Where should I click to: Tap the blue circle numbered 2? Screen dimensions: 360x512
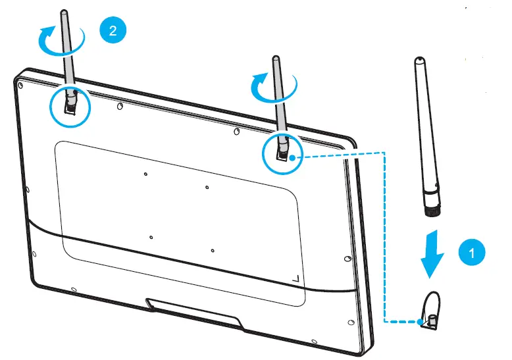112,31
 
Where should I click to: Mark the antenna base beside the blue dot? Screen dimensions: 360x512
281,152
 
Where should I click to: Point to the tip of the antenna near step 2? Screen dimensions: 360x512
63,13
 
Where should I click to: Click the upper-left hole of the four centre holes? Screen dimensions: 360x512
145,174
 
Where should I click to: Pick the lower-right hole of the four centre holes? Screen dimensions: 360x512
213,250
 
